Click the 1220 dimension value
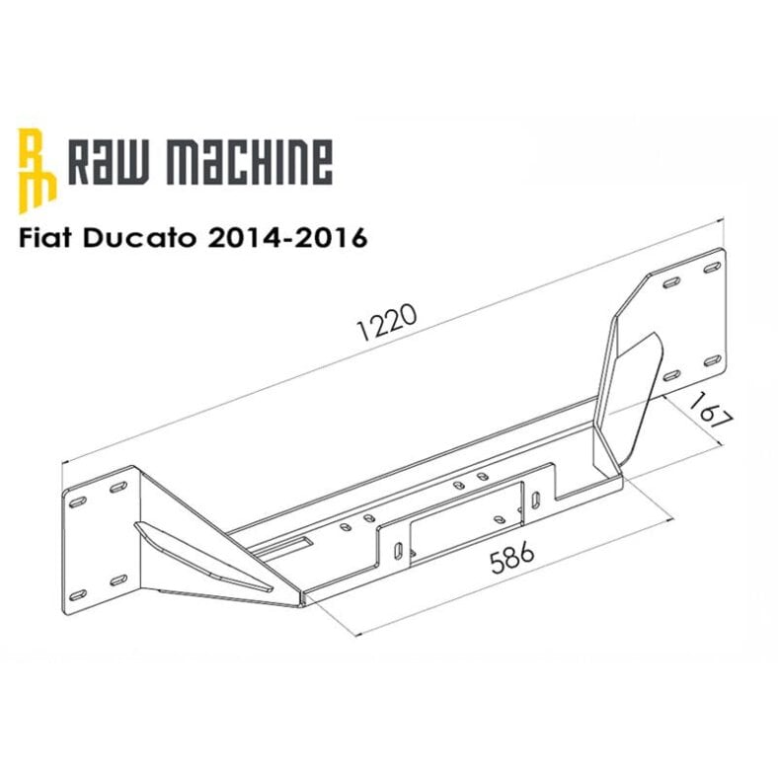click(x=391, y=318)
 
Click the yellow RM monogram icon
click(x=37, y=168)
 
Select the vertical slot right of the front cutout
click(x=533, y=500)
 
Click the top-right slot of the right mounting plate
click(x=711, y=267)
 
